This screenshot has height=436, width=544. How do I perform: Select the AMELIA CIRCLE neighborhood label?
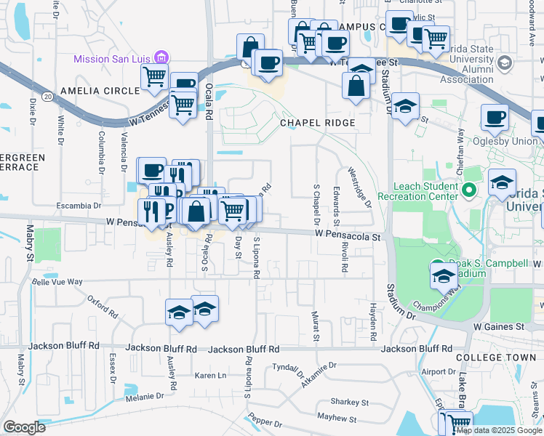point(100,91)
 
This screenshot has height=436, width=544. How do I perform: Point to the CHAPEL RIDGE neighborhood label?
point(318,124)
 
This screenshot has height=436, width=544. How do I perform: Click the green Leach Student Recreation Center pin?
point(469,192)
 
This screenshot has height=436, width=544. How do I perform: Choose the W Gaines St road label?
point(498,328)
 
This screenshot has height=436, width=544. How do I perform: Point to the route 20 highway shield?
point(47,95)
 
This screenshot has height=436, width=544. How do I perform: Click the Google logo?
point(24,427)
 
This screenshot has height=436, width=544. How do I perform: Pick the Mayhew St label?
point(337,419)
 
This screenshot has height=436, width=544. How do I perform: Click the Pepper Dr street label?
point(264,421)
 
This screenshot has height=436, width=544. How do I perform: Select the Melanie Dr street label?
point(144,397)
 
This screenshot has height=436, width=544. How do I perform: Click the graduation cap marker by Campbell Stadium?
point(444,275)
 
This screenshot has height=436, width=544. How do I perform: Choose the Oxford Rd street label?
point(103,306)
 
